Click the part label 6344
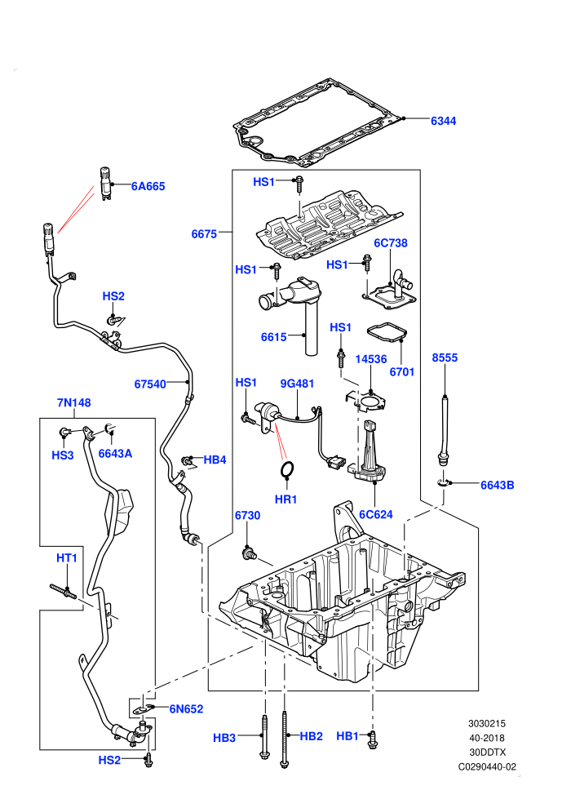click(x=443, y=121)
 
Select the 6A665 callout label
click(x=148, y=186)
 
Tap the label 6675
click(x=204, y=234)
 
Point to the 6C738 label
click(x=390, y=242)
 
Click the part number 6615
click(x=273, y=337)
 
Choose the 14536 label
click(x=370, y=358)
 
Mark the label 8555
click(x=445, y=357)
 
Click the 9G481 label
click(x=297, y=384)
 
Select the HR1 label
click(x=285, y=499)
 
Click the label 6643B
click(x=497, y=485)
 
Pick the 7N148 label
click(x=73, y=402)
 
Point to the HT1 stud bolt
click(x=64, y=592)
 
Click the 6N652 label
click(x=186, y=709)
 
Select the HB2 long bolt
click(x=284, y=739)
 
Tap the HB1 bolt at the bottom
click(x=373, y=739)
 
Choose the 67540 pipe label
click(x=150, y=384)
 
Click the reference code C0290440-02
click(x=487, y=766)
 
